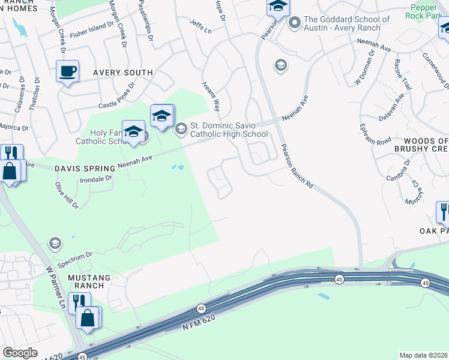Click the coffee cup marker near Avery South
[67, 72]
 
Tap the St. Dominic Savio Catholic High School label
[224, 130]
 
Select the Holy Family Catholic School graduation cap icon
[133, 131]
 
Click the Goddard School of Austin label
[346, 23]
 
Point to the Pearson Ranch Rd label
[297, 167]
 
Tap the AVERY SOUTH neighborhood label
[122, 73]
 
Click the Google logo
[20, 353]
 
